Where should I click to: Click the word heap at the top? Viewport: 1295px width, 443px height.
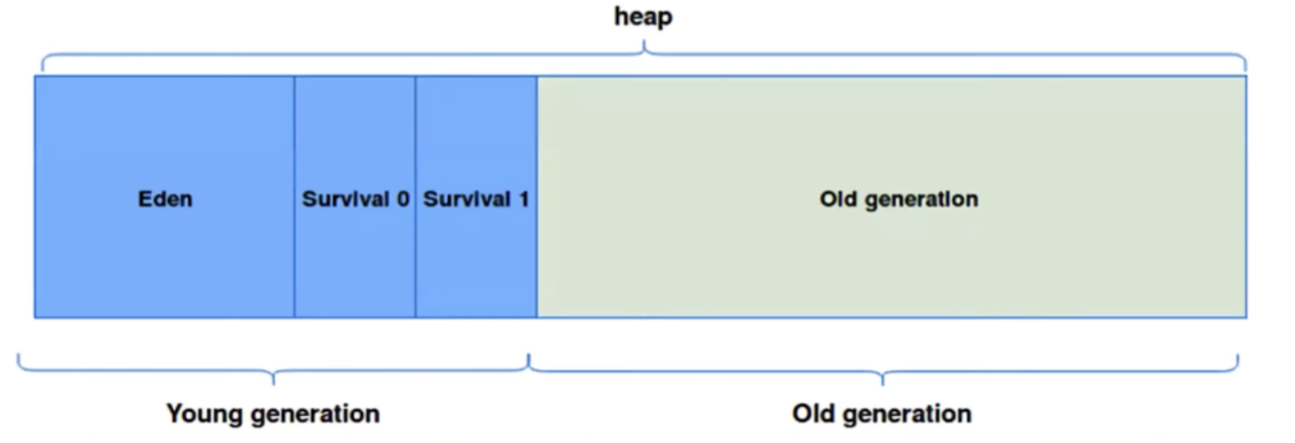tap(643, 17)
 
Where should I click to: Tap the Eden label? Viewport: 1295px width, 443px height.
tap(165, 199)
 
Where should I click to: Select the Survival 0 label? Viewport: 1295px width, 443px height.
tap(355, 199)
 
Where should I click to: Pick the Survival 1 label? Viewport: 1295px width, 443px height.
tap(476, 199)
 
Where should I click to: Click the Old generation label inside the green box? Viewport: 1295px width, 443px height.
tap(899, 200)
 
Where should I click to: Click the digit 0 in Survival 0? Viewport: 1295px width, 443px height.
tap(403, 199)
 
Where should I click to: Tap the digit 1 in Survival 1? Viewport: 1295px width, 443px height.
tap(524, 199)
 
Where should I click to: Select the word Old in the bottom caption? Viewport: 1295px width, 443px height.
tap(812, 413)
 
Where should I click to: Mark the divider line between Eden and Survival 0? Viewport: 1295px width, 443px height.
tap(295, 197)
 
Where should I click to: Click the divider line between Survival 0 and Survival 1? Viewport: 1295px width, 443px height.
tap(415, 197)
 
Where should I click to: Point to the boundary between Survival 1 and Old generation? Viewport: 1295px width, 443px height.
tap(537, 197)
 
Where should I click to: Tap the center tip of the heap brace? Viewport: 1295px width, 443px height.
tap(644, 41)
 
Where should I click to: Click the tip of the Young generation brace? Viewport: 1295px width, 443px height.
tap(273, 384)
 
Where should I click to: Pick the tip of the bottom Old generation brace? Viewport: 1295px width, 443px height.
tap(883, 384)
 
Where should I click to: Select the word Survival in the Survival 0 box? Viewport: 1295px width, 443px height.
tap(345, 199)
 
